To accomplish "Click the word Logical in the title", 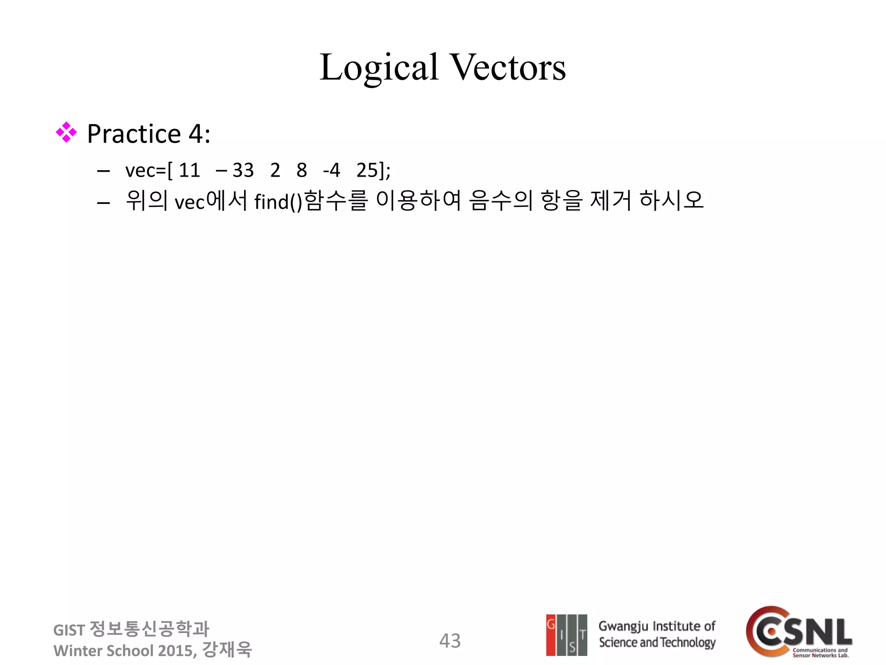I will tap(379, 68).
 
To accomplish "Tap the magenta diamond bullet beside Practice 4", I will tap(66, 132).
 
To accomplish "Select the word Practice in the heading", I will tap(134, 134).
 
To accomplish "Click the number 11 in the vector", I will tap(189, 170).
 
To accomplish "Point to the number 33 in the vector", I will tap(243, 170).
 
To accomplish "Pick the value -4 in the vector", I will tap(331, 170).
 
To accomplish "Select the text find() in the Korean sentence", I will tap(278, 202).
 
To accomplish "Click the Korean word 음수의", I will tap(501, 200).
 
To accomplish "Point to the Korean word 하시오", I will tap(671, 200).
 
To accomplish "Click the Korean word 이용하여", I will tap(418, 200).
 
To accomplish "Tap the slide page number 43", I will tap(450, 641).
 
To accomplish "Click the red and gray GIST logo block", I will tap(566, 635).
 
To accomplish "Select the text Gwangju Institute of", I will tap(657, 626).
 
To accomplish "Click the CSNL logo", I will tap(799, 632).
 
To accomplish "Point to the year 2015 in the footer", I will tap(174, 651).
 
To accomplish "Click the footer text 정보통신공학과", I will tap(149, 629).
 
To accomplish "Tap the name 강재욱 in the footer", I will tap(227, 649).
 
